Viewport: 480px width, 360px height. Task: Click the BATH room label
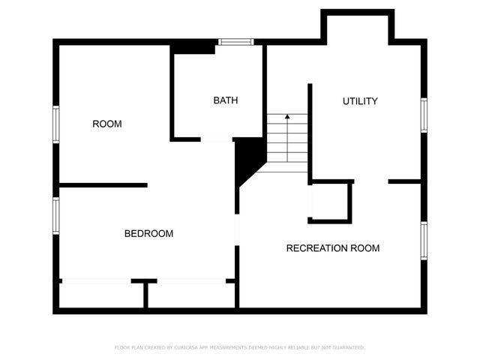[226, 100]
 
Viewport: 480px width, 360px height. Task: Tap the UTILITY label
[360, 101]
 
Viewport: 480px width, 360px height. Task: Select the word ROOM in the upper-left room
[107, 124]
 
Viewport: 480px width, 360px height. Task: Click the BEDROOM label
[148, 234]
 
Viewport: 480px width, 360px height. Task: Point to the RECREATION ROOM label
[333, 248]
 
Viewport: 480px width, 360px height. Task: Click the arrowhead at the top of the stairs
[286, 117]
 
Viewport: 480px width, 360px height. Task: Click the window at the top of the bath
[235, 42]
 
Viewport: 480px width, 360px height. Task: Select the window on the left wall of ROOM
[55, 124]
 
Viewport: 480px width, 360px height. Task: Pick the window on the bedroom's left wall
[55, 215]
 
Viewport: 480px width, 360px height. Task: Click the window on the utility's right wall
[424, 115]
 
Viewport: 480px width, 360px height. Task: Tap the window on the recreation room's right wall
[424, 241]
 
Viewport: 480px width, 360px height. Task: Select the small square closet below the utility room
[331, 201]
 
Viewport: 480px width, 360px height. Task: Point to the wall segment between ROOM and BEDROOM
[103, 184]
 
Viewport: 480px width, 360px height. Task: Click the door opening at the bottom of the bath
[216, 139]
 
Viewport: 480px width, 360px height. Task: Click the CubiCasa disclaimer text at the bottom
[239, 347]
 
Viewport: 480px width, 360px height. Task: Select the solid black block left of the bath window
[193, 47]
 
